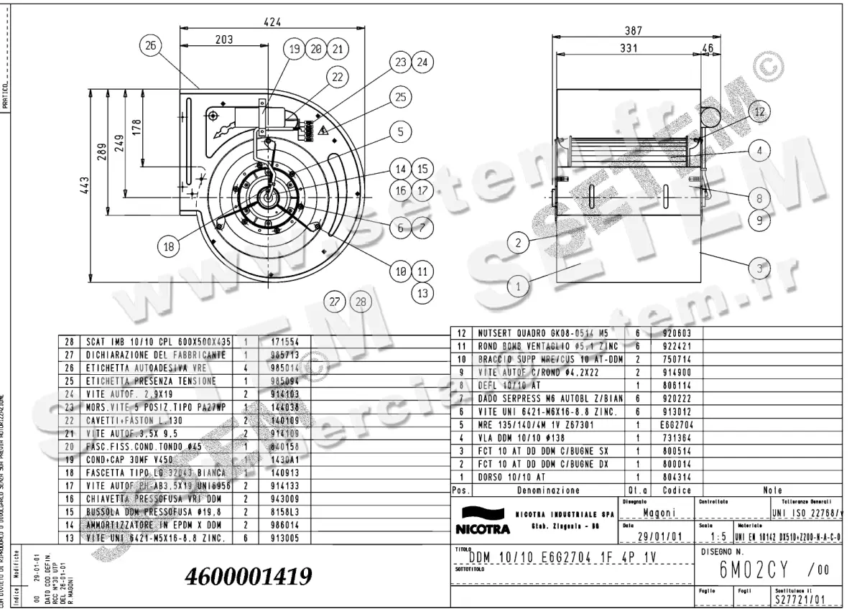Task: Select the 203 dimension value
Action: point(224,40)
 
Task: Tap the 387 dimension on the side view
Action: point(633,31)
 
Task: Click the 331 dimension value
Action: point(629,50)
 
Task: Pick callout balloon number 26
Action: point(150,46)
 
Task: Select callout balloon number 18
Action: point(168,247)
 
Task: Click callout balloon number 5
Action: point(401,131)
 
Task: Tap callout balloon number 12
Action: point(759,111)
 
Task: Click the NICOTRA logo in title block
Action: point(483,522)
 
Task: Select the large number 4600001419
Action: point(249,575)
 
